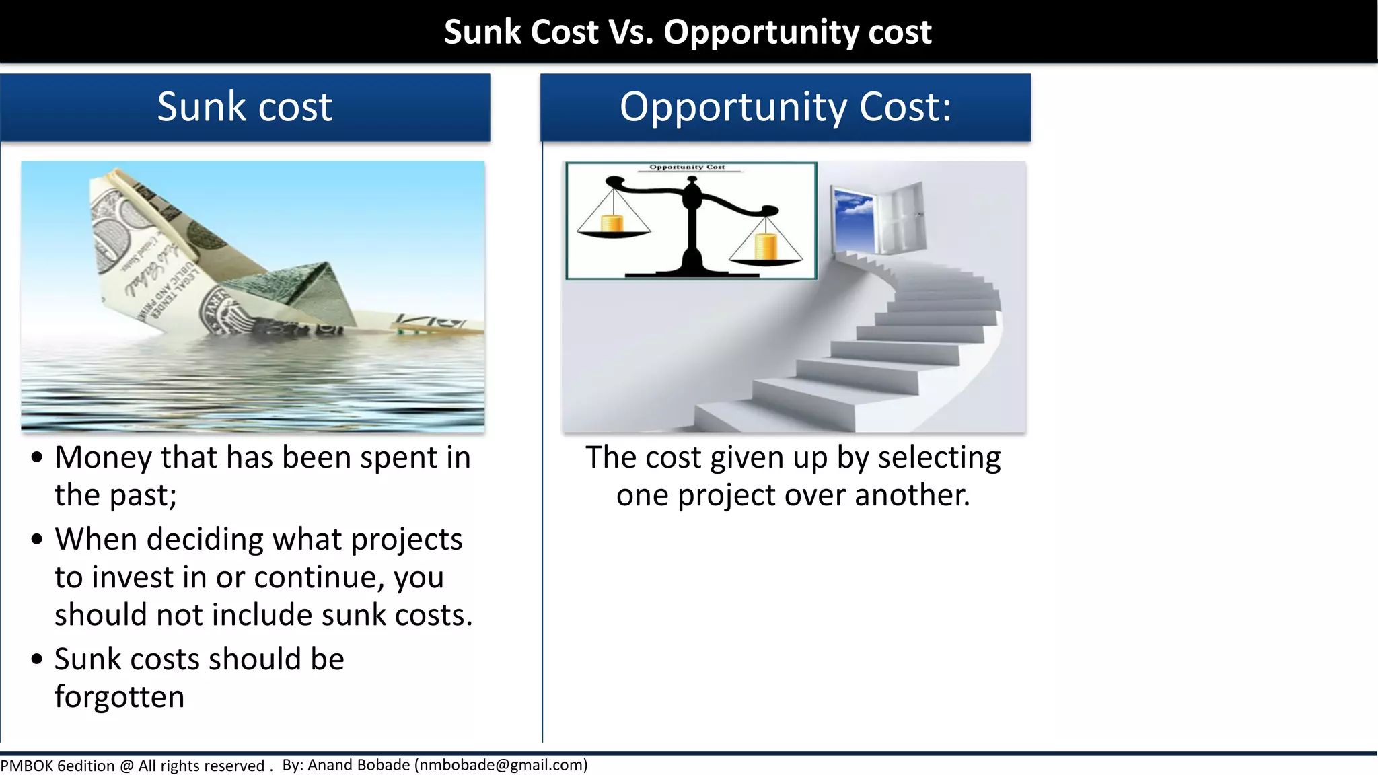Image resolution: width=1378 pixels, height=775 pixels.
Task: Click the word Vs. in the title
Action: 630,32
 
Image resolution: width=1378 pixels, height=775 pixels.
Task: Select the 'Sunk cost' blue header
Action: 245,108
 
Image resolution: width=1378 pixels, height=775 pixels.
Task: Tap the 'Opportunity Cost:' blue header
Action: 785,108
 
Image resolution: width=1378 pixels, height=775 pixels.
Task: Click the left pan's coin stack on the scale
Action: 612,223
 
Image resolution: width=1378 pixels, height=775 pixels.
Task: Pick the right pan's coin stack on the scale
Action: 766,246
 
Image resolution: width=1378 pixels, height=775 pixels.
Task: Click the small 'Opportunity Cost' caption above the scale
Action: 687,168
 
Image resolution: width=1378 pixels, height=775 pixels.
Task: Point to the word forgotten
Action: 119,697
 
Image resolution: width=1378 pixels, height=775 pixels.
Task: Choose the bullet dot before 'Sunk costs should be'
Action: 37,659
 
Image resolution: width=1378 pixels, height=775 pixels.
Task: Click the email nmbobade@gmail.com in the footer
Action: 501,765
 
